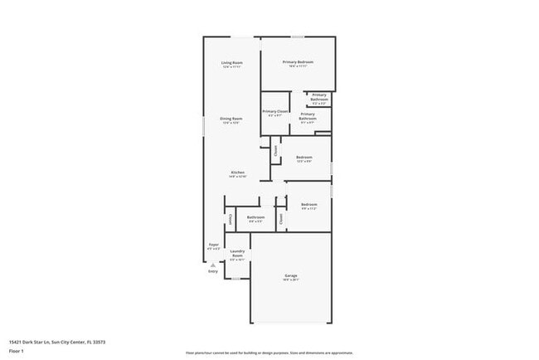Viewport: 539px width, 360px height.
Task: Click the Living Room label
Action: [231, 63]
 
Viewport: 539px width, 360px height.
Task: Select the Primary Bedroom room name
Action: [298, 62]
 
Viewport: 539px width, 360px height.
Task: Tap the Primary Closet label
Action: [275, 111]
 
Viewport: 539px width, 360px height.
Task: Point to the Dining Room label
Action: [231, 119]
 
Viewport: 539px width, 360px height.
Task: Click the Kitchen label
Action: [238, 173]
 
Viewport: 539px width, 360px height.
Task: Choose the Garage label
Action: [291, 275]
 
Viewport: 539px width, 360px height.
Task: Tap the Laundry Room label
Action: [237, 253]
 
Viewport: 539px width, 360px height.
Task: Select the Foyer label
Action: [213, 245]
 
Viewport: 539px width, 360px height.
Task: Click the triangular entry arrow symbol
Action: [213, 265]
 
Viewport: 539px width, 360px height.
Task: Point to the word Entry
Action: [213, 270]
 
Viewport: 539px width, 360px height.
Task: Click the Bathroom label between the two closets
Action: [255, 217]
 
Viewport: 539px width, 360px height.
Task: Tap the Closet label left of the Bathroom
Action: [230, 219]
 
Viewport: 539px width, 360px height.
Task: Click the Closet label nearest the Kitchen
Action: [275, 150]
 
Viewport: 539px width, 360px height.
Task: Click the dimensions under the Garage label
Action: [291, 280]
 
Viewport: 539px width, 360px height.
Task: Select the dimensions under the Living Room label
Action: [231, 67]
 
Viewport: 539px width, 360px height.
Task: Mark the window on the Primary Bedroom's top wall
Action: [298, 36]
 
